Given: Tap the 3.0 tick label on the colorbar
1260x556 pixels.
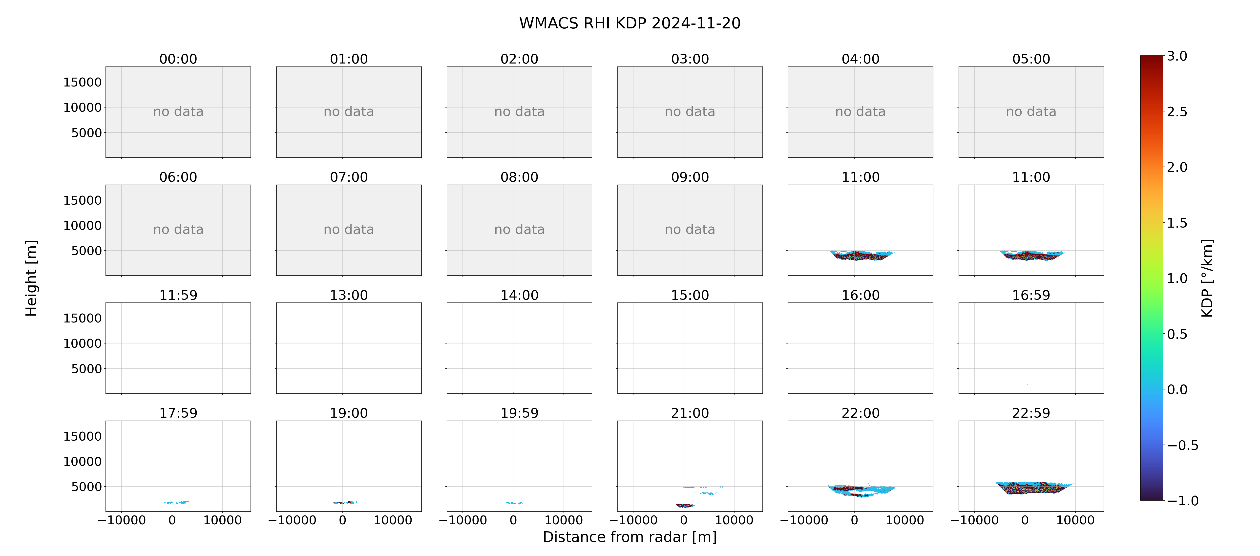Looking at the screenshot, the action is coord(1177,56).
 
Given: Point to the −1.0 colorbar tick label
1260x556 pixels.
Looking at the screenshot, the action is coord(1183,501).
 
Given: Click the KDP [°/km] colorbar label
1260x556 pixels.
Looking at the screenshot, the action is coord(1207,278).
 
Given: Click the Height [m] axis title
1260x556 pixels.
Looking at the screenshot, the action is coord(31,278).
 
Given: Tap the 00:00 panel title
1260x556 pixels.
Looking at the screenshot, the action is coord(178,59).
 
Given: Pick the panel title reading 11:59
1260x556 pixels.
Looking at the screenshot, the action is coord(178,295).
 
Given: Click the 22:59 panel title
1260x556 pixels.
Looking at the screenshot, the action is coord(1031,413).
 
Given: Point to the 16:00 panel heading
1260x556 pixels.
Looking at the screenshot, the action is coord(860,295).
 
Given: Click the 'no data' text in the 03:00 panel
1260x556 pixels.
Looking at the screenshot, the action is coord(690,112).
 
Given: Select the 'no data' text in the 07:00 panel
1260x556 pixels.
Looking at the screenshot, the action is coord(349,230).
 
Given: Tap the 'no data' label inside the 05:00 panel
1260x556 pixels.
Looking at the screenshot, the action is coord(1031,112).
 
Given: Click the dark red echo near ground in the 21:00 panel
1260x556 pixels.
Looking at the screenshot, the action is coord(685,505).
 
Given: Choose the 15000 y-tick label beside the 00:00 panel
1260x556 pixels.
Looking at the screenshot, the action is coord(82,82).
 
